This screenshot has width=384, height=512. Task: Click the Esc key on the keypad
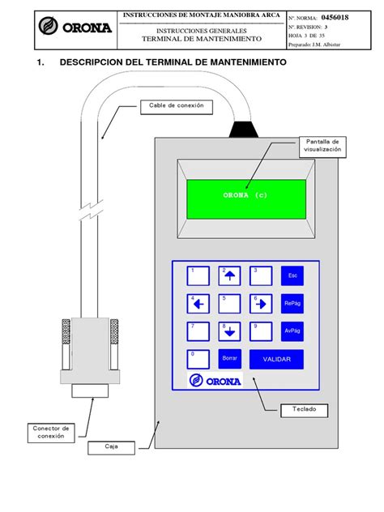point(292,275)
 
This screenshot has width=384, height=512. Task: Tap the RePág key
point(292,304)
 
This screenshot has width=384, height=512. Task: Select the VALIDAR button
point(276,359)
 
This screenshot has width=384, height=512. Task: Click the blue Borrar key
point(230,359)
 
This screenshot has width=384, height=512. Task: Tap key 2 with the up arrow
point(230,275)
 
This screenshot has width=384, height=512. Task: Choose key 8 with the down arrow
point(230,331)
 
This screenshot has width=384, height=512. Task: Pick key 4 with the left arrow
point(198,304)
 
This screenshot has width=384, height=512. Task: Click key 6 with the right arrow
point(261,304)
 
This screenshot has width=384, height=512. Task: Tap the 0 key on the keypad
point(198,359)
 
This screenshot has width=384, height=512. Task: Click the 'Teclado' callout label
point(305,410)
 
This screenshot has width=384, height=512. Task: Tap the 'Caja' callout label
point(111,446)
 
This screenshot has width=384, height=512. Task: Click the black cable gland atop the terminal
point(243,128)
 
